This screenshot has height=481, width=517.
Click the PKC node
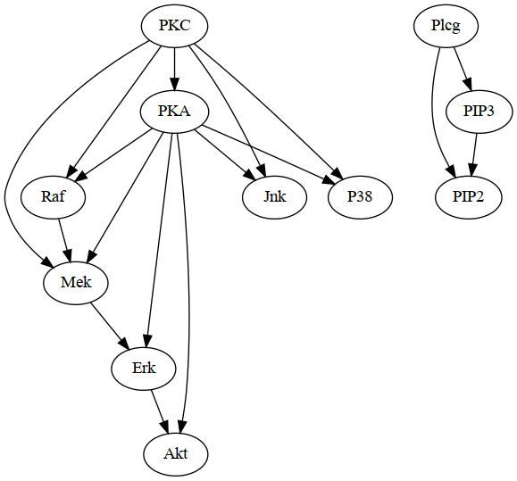click(176, 26)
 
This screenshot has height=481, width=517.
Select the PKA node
click(176, 112)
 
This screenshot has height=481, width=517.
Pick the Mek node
click(76, 283)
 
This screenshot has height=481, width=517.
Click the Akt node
click(176, 453)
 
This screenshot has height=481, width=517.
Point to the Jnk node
click(274, 197)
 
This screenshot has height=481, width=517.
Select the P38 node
click(360, 197)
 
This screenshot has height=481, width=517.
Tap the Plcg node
click(446, 26)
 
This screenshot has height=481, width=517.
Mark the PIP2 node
click(468, 197)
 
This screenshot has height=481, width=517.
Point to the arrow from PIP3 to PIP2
click(473, 154)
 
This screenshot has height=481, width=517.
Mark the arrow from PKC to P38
click(268, 112)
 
